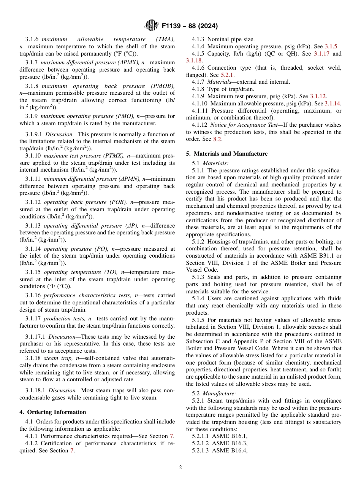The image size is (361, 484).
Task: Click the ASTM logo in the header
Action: pos(152,26)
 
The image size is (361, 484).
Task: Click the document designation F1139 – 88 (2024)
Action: pos(189,26)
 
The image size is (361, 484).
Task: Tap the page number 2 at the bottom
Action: pos(180,468)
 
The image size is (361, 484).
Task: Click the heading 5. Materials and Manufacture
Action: pos(227,154)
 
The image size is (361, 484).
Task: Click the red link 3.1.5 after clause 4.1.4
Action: pos(331,46)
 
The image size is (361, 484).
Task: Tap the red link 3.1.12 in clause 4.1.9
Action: pos(321,96)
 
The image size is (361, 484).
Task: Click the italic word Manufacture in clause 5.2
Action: pos(219,394)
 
